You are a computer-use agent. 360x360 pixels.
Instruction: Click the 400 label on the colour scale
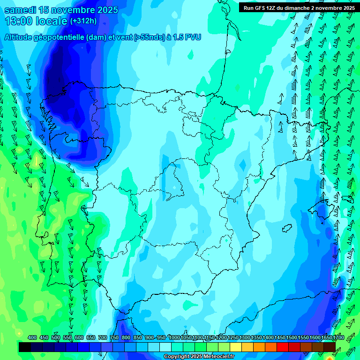(x=32, y=337)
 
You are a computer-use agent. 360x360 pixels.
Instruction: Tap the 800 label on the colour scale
(x=126, y=337)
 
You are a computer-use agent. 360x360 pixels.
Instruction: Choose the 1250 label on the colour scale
(x=233, y=337)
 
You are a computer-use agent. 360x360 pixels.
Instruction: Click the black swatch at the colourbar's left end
(x=25, y=347)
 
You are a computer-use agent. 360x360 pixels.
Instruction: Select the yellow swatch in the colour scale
(x=236, y=347)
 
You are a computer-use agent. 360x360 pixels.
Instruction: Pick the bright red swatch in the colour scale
(x=283, y=347)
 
